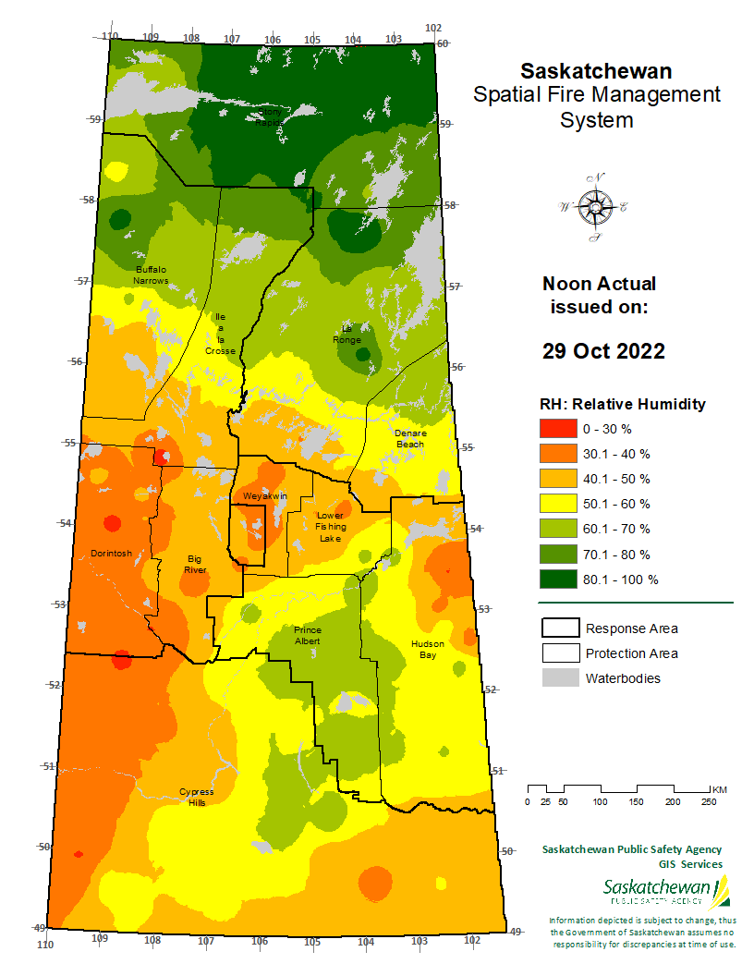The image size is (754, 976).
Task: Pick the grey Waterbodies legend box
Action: (x=558, y=678)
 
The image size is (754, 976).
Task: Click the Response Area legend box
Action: (x=558, y=628)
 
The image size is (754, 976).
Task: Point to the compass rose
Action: (x=593, y=207)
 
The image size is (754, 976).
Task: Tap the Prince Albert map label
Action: (x=308, y=635)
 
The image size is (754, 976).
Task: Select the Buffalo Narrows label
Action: (x=151, y=274)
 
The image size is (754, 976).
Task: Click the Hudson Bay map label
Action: (x=428, y=649)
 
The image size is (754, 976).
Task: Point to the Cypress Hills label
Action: (x=196, y=797)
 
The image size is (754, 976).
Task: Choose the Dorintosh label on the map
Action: (x=111, y=554)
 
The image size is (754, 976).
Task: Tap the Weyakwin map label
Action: (x=265, y=496)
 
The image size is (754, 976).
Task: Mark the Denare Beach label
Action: (x=410, y=438)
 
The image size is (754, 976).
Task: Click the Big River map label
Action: (x=195, y=565)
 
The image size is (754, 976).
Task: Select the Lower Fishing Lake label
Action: (x=330, y=527)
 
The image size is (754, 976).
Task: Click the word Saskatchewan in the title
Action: (x=596, y=71)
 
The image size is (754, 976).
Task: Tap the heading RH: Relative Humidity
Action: (x=622, y=404)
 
